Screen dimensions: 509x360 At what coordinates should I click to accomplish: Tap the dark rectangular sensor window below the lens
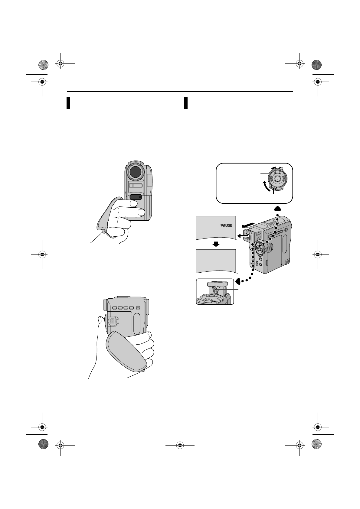pos(135,197)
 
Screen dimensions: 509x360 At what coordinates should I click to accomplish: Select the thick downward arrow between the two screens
pos(216,244)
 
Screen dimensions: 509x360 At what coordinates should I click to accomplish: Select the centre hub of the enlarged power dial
pos(277,179)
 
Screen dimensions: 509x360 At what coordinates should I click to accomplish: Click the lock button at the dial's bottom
pos(274,190)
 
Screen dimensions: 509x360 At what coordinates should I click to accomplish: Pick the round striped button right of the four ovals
pos(138,308)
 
